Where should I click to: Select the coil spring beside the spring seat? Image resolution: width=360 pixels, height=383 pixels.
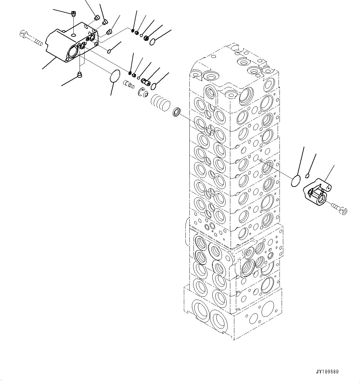tap(160, 102)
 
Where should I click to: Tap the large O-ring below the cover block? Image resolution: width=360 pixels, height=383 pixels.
tap(115, 76)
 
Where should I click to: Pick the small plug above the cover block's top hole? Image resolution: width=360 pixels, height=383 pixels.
tap(73, 14)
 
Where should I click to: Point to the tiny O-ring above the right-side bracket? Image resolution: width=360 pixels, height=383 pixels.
tap(307, 176)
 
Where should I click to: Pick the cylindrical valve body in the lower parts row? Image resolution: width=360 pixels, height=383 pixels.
tap(145, 82)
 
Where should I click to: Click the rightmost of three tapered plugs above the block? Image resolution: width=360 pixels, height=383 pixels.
tap(109, 32)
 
